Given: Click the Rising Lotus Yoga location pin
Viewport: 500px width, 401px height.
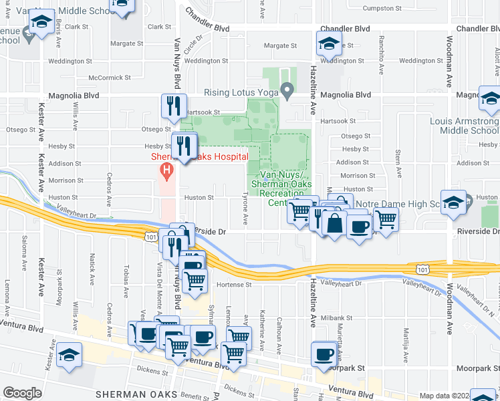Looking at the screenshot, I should pyautogui.click(x=287, y=89).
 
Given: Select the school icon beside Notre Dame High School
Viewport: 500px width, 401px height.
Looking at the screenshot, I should pyautogui.click(x=453, y=205).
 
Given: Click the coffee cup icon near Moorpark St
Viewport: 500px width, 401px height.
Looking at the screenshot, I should pyautogui.click(x=325, y=354).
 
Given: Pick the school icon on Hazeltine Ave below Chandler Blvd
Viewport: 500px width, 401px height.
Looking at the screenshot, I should pyautogui.click(x=328, y=45).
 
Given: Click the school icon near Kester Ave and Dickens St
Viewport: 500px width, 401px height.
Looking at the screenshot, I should pyautogui.click(x=69, y=355).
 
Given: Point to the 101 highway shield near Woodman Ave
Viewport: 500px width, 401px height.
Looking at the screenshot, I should pyautogui.click(x=421, y=269).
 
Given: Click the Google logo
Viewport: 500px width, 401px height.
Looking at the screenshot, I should pyautogui.click(x=22, y=393).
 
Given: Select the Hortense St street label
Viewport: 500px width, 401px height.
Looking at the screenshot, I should pyautogui.click(x=233, y=284).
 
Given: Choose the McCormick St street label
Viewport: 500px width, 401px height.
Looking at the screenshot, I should pyautogui.click(x=106, y=78).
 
